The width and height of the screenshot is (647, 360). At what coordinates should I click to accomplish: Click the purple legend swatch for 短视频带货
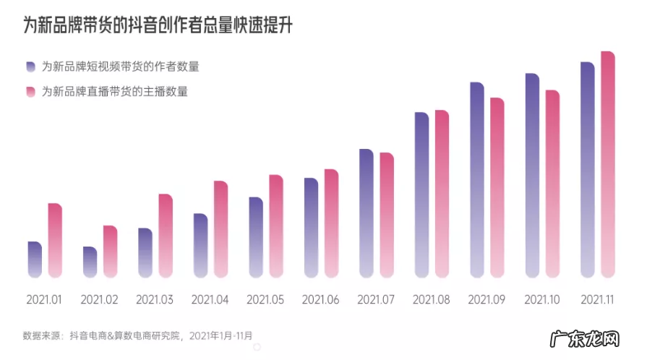coord(30,67)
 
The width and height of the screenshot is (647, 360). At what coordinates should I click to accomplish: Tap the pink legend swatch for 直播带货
coord(30,91)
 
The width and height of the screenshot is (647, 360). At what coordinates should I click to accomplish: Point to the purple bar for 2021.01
coord(35,259)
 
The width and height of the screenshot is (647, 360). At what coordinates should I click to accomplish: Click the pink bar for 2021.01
coord(55,240)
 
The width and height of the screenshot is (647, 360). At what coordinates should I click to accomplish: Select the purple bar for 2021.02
coord(90,262)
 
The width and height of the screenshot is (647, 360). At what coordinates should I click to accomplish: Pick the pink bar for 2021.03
coord(166,236)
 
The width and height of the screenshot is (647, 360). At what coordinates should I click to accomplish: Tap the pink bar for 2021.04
coord(220,228)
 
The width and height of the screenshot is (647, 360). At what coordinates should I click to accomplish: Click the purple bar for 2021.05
coord(256,237)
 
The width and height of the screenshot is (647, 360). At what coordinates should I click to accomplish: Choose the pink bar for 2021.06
coord(331,223)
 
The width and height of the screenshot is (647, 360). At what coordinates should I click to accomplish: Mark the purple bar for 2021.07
coord(367,213)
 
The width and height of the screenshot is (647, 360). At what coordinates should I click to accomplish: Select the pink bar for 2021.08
coord(442,193)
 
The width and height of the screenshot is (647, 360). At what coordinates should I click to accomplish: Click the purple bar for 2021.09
coord(477,179)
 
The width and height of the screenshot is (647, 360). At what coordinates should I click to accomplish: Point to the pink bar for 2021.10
coord(552,184)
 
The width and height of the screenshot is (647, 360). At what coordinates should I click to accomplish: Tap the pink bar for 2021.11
coord(608,164)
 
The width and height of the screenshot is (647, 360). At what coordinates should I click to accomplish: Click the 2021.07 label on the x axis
coord(375,299)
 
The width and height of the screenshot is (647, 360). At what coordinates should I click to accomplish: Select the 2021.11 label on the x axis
coord(597,299)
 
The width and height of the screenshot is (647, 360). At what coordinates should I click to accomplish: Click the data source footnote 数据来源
coord(137,335)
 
